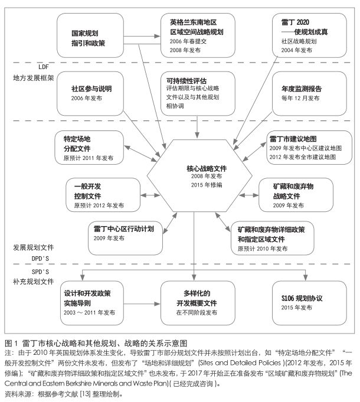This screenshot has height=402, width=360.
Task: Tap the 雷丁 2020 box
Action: pos(309,35)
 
